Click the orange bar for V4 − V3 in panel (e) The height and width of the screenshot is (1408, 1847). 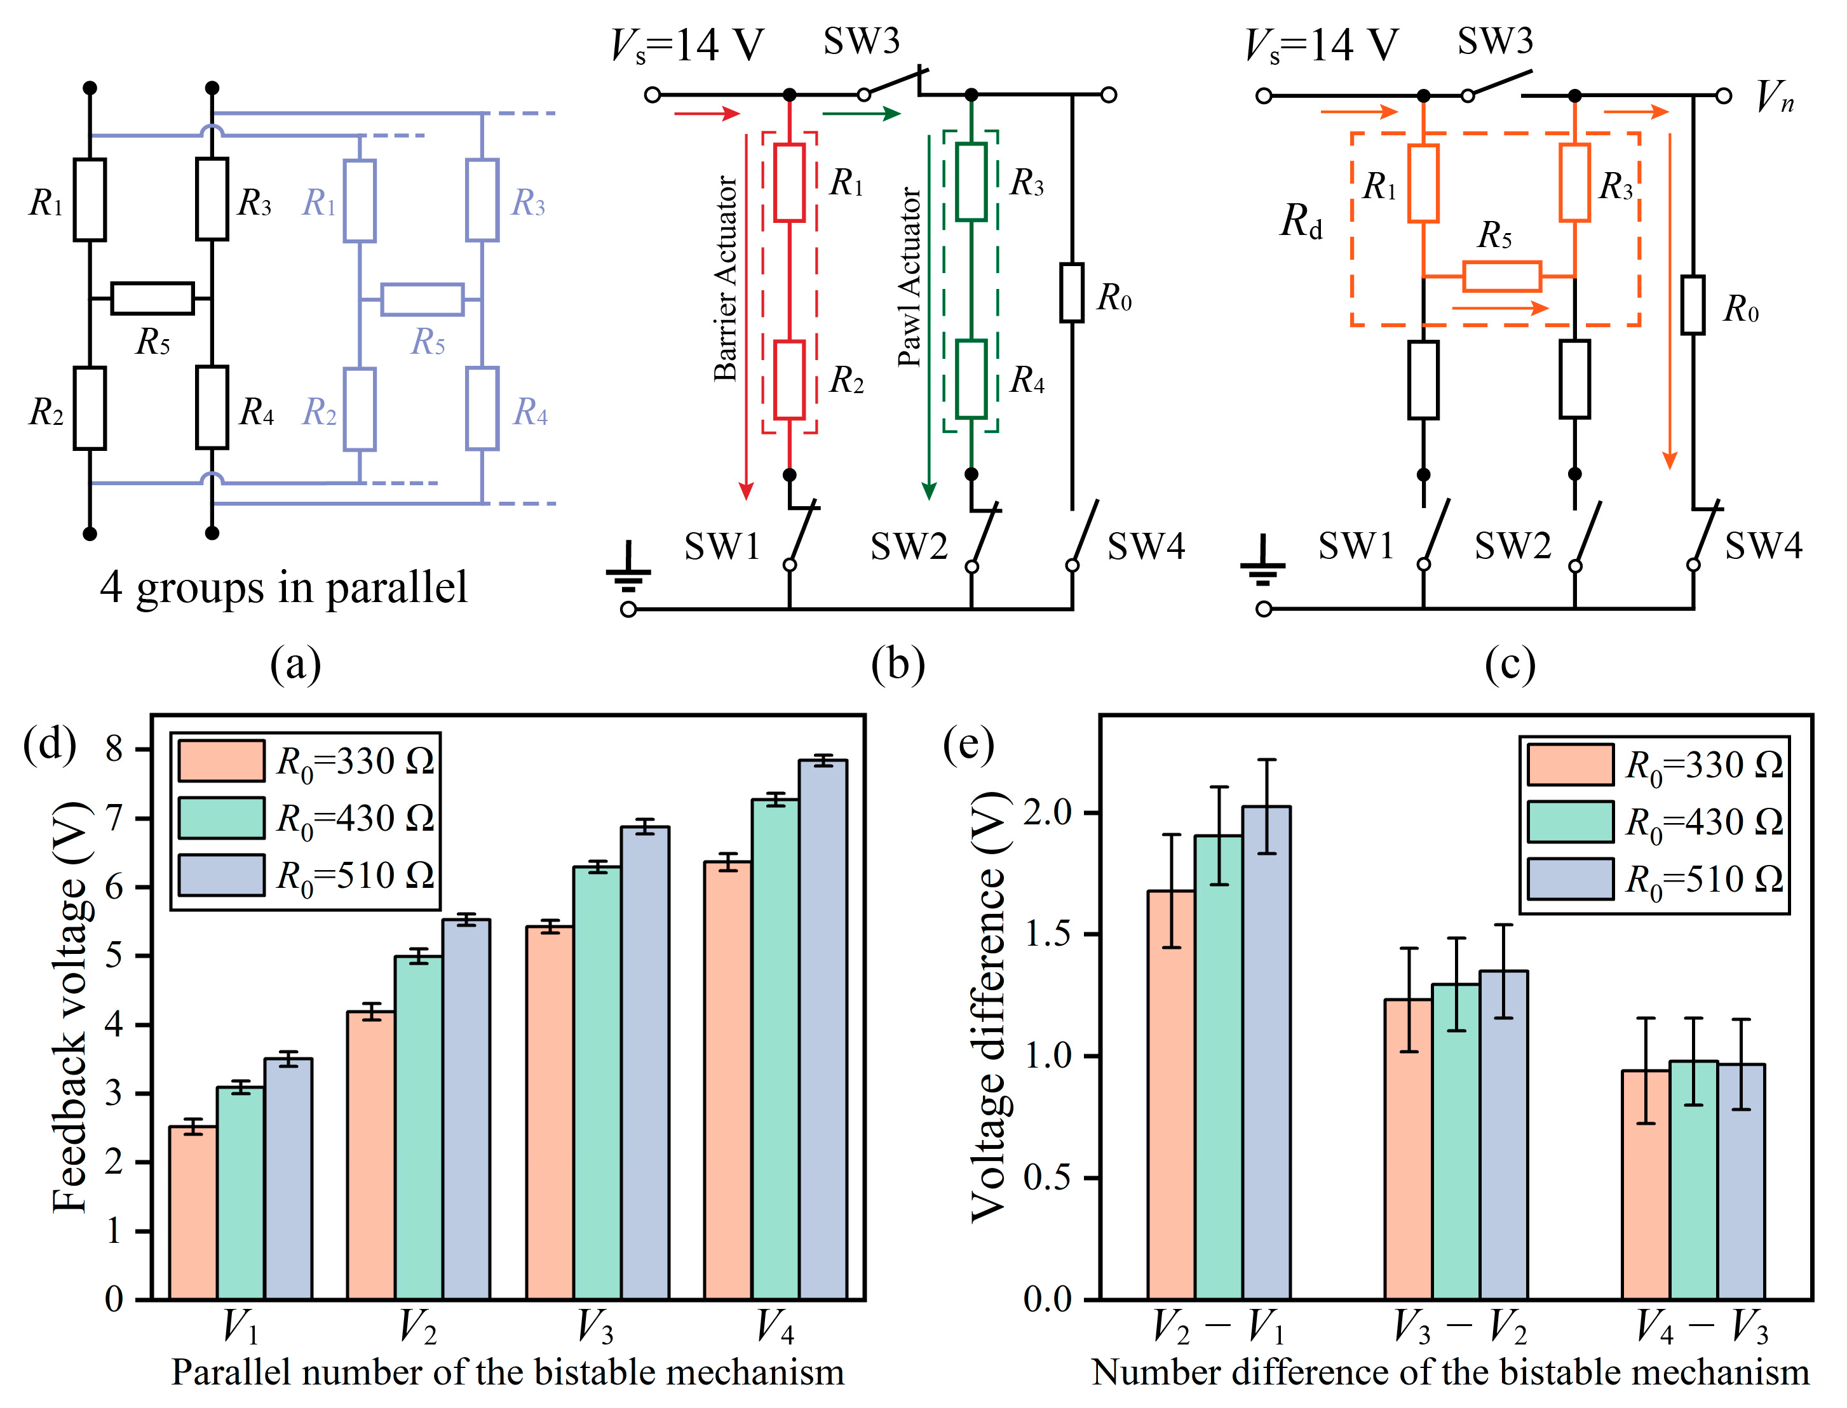pyautogui.click(x=1645, y=1185)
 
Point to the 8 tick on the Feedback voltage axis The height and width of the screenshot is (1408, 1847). pyautogui.click(x=115, y=748)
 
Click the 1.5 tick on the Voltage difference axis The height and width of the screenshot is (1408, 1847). pyautogui.click(x=1048, y=934)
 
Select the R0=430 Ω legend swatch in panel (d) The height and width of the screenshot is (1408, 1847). pyautogui.click(x=221, y=818)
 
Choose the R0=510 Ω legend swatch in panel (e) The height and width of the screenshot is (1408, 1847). pyautogui.click(x=1569, y=879)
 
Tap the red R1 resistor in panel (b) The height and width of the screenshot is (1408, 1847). pyautogui.click(x=789, y=183)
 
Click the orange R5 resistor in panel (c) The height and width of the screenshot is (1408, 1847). pyautogui.click(x=1501, y=276)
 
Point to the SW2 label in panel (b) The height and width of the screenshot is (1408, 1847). pyautogui.click(x=909, y=546)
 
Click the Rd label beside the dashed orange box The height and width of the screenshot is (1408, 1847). pyautogui.click(x=1301, y=222)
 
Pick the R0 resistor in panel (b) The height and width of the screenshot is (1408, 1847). pyautogui.click(x=1071, y=293)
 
